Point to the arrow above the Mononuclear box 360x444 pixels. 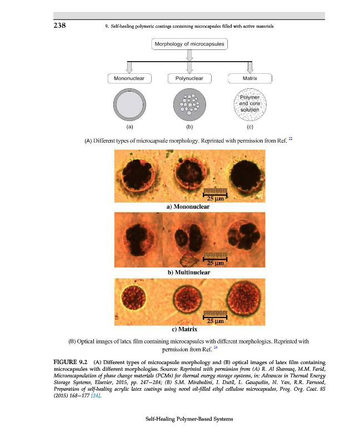coord(129,66)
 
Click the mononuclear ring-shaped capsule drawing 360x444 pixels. coord(129,105)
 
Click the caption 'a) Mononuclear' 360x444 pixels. coord(188,206)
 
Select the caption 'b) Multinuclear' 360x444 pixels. coord(189,273)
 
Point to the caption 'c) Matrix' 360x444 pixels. coord(189,329)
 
